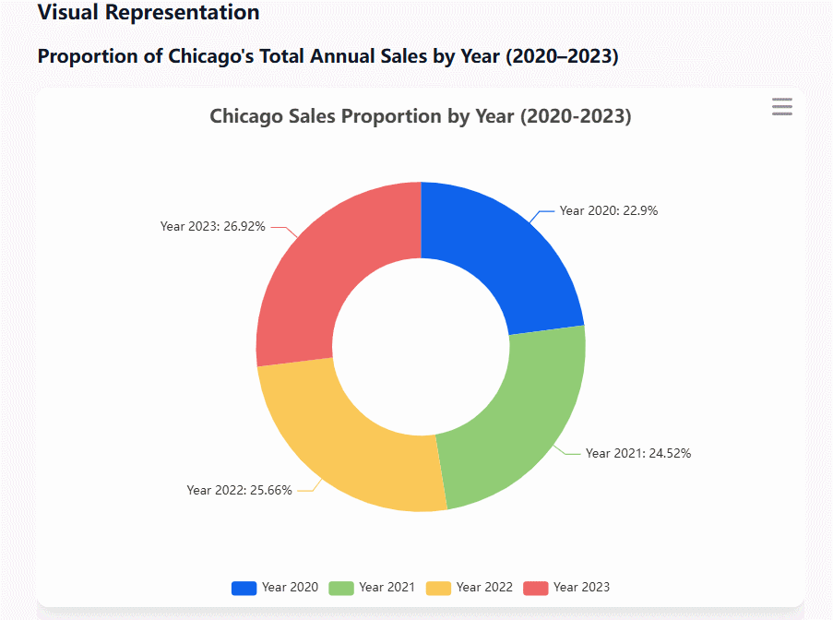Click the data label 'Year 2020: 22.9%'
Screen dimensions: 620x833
pyautogui.click(x=608, y=210)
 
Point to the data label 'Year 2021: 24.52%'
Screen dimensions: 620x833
pyautogui.click(x=637, y=453)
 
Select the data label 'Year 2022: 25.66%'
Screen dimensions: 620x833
pyautogui.click(x=239, y=490)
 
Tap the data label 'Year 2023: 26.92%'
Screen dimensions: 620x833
pyautogui.click(x=213, y=225)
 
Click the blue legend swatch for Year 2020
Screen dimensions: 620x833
pyautogui.click(x=244, y=588)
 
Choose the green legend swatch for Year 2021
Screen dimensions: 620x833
pyautogui.click(x=341, y=588)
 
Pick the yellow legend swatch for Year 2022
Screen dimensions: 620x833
pyautogui.click(x=438, y=588)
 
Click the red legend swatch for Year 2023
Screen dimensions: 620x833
pyautogui.click(x=536, y=588)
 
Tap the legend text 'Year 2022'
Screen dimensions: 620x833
pyautogui.click(x=484, y=588)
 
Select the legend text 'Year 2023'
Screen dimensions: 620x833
pyautogui.click(x=581, y=588)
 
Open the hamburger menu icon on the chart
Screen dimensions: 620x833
pyautogui.click(x=781, y=107)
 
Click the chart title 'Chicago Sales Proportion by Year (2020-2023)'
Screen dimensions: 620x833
pyautogui.click(x=420, y=116)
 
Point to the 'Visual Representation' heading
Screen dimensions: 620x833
pyautogui.click(x=149, y=13)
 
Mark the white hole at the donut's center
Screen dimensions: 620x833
pyautogui.click(x=421, y=346)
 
